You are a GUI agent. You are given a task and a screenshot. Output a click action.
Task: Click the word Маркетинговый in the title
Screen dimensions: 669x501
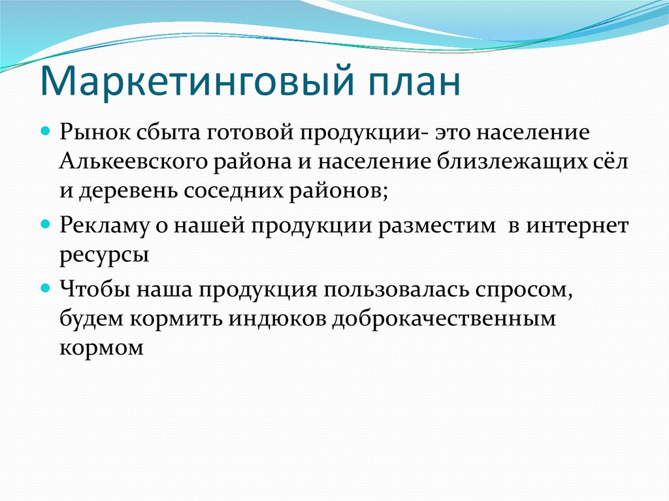[197, 82]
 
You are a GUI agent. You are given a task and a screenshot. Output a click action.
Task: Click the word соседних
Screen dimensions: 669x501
[234, 191]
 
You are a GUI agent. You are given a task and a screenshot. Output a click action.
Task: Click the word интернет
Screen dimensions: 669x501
[578, 225]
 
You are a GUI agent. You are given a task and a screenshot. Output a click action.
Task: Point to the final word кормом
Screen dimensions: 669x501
[101, 348]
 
